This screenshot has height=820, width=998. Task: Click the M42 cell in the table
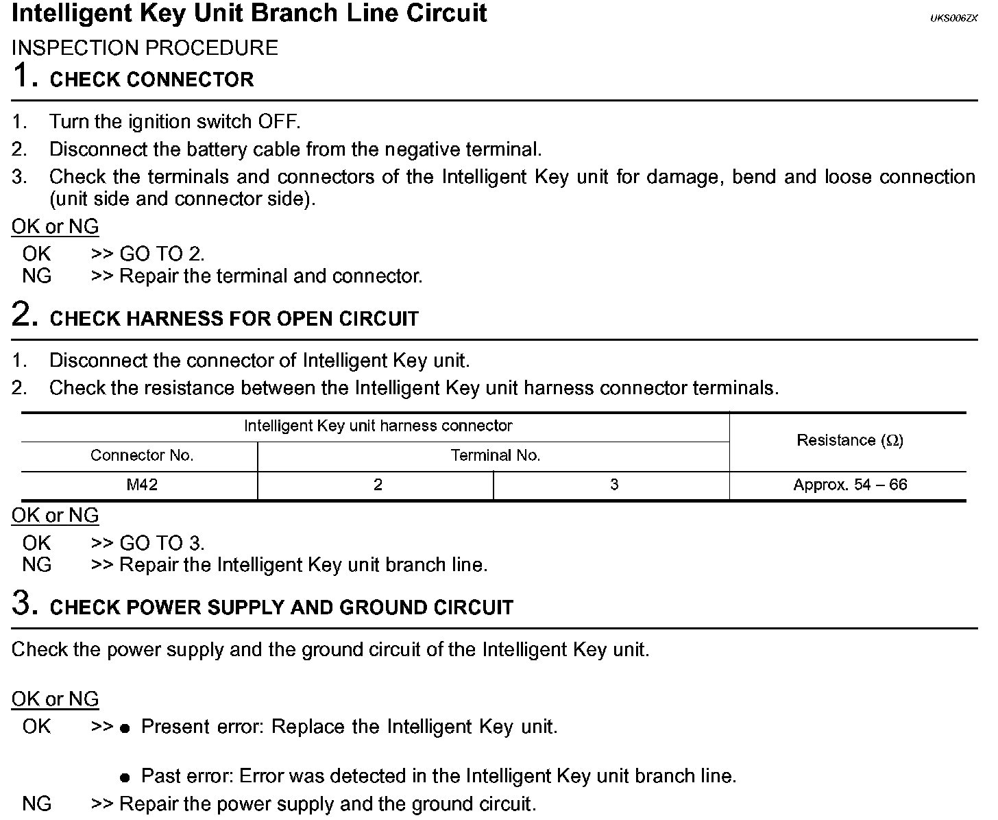[x=142, y=485]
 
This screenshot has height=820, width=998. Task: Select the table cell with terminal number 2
[x=378, y=485]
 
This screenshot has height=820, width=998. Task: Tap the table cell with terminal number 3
[x=613, y=485]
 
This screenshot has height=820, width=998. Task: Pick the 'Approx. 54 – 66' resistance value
[x=850, y=485]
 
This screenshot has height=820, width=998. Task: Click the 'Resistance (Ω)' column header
[x=850, y=440]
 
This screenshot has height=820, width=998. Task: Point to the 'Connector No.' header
[x=142, y=455]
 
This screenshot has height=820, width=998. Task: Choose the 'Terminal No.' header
[x=495, y=455]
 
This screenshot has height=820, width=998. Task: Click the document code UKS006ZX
[x=953, y=19]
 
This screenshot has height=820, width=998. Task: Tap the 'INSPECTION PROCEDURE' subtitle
[x=145, y=48]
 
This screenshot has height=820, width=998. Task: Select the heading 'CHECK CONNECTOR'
[x=152, y=80]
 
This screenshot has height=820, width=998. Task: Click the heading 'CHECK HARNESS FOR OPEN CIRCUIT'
[x=234, y=319]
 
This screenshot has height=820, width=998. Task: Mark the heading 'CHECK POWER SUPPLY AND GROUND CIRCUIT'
[x=282, y=607]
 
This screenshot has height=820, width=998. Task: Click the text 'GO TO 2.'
[x=162, y=254]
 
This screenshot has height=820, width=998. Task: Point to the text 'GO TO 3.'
[x=162, y=544]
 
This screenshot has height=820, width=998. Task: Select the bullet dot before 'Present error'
[x=125, y=728]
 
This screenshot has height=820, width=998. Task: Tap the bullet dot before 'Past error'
[x=125, y=778]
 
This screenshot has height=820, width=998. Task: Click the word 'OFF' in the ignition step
[x=278, y=122]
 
